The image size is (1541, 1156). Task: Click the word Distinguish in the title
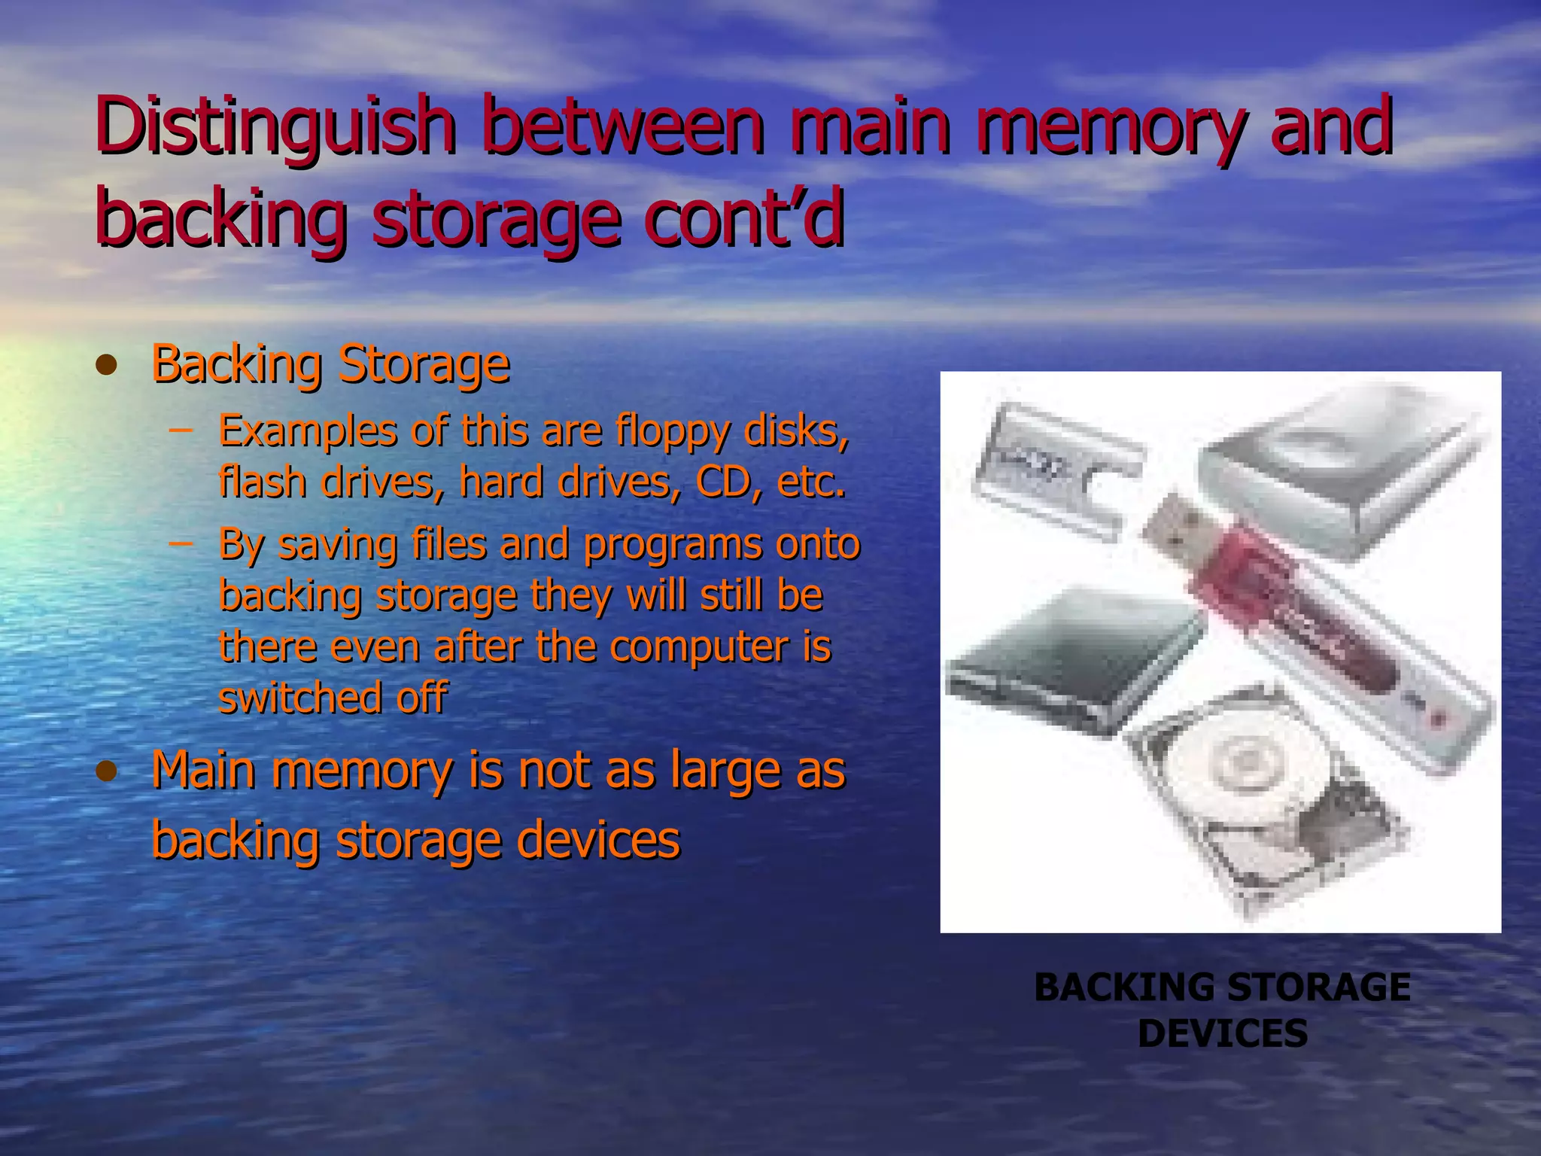[x=275, y=126]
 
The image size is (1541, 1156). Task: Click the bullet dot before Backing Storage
[x=108, y=366]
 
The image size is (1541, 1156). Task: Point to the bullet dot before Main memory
[x=108, y=771]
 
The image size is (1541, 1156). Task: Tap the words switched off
[x=333, y=698]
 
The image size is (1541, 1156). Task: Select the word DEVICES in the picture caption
[x=1222, y=1033]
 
